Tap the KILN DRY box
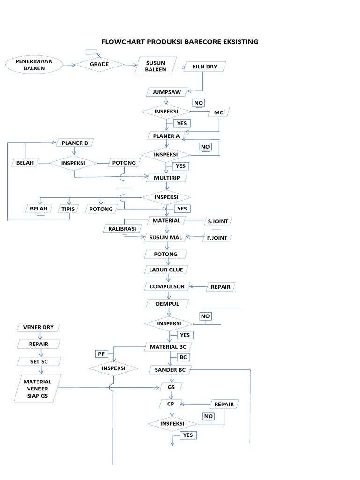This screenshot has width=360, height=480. (x=205, y=67)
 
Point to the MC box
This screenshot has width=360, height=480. (x=218, y=112)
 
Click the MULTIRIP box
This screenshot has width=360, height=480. (x=166, y=178)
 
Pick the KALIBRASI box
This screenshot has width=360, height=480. (x=122, y=228)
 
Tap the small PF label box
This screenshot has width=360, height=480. (x=102, y=353)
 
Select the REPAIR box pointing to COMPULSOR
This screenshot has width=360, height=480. (x=220, y=286)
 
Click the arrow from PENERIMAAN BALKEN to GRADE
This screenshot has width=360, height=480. (x=69, y=66)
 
